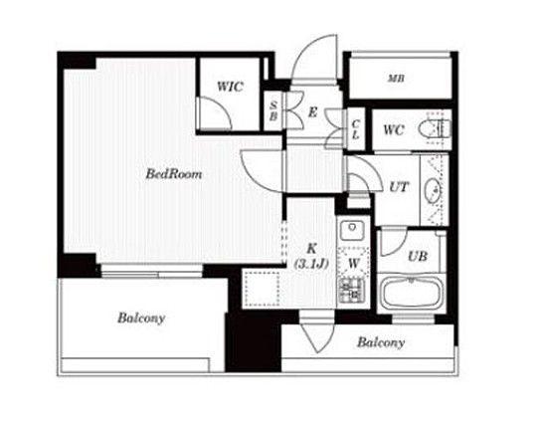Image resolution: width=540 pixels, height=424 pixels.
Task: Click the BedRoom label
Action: (x=174, y=173)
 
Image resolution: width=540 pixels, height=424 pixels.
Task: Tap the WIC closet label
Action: (x=230, y=87)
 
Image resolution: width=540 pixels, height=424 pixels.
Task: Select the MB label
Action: (x=397, y=79)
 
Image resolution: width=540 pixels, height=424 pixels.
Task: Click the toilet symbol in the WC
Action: (x=435, y=129)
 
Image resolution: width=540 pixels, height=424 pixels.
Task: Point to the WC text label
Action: (x=393, y=130)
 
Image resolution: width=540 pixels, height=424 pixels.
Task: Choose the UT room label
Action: (x=399, y=187)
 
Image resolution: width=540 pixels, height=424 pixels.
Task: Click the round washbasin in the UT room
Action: (x=434, y=189)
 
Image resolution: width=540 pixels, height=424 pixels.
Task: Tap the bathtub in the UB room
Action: (x=411, y=293)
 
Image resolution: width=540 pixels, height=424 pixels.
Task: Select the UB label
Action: (x=418, y=256)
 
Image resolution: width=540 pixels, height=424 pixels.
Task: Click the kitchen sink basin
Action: (x=352, y=230)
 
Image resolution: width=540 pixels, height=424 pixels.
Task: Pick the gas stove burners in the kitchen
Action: (x=352, y=291)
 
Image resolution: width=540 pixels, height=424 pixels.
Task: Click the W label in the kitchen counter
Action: (x=354, y=264)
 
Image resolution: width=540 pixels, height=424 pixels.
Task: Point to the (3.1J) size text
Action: (x=311, y=264)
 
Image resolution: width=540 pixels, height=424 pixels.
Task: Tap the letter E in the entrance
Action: (x=312, y=112)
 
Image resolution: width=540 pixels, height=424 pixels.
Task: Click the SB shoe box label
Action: (x=273, y=110)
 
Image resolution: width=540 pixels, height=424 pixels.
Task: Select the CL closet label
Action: (x=356, y=129)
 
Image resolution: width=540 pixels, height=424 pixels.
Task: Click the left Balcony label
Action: (x=141, y=318)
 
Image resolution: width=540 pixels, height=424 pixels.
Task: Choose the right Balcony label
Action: (x=381, y=342)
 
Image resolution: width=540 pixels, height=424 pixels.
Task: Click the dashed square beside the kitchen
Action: (x=262, y=289)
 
